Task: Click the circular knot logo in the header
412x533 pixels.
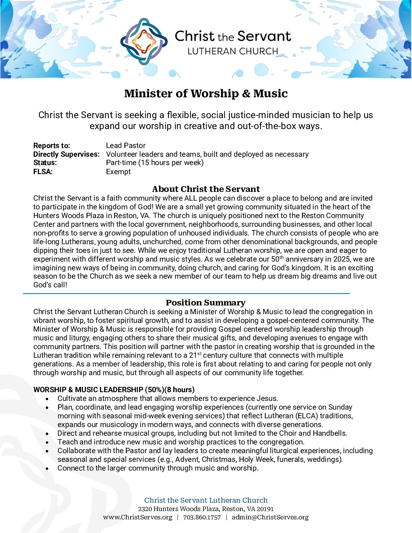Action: [x=144, y=41]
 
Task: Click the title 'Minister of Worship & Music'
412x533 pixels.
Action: [x=206, y=94]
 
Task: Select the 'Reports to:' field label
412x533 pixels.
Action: [x=51, y=146]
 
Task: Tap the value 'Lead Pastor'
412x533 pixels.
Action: [x=126, y=146]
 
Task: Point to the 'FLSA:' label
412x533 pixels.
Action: [x=43, y=172]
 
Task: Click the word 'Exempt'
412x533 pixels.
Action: [x=118, y=172]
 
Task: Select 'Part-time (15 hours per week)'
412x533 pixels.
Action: [x=155, y=163]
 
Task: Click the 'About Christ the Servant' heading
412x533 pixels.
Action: [x=206, y=189]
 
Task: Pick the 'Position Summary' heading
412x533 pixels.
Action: [x=206, y=302]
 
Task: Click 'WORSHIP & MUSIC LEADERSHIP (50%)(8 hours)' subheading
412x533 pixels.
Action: [x=114, y=390]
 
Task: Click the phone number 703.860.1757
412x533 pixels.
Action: [x=202, y=517]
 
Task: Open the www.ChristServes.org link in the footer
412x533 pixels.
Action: [x=137, y=517]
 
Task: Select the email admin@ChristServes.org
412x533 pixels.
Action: [x=270, y=517]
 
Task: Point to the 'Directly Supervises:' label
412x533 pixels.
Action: [x=66, y=154]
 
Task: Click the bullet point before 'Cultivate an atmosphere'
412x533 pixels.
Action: [x=47, y=399]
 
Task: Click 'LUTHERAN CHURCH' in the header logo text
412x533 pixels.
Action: [x=233, y=51]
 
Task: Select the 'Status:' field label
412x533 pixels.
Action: [x=45, y=163]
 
